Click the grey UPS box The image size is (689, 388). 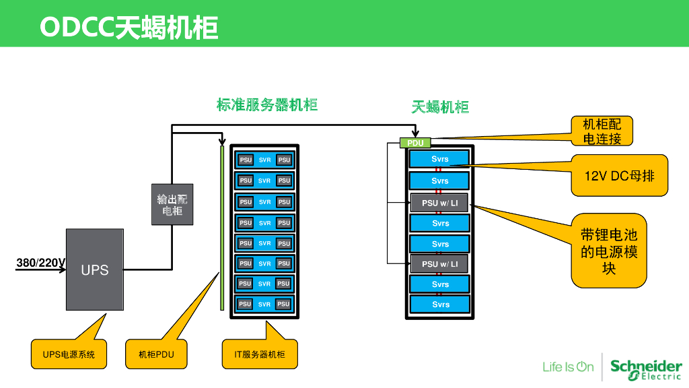coord(94,269)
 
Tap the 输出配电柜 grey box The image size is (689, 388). coord(172,204)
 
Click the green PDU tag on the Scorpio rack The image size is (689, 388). coord(415,143)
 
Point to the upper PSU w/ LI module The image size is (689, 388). coord(439,203)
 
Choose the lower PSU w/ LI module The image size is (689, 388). coord(439,264)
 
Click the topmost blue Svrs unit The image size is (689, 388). coord(439,160)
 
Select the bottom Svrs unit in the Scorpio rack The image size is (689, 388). coord(439,304)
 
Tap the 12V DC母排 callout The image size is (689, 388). coord(619,175)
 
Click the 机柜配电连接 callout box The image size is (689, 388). coord(602,131)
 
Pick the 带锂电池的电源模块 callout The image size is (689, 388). coord(609,251)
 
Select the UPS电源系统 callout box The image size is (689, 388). coord(69,354)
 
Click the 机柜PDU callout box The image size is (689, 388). coord(156,354)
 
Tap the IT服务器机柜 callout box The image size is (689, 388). coord(260,354)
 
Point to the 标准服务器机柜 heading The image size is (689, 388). coord(267,105)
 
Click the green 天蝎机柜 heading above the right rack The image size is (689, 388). coord(440,107)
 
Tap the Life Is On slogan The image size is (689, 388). coord(568,367)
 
